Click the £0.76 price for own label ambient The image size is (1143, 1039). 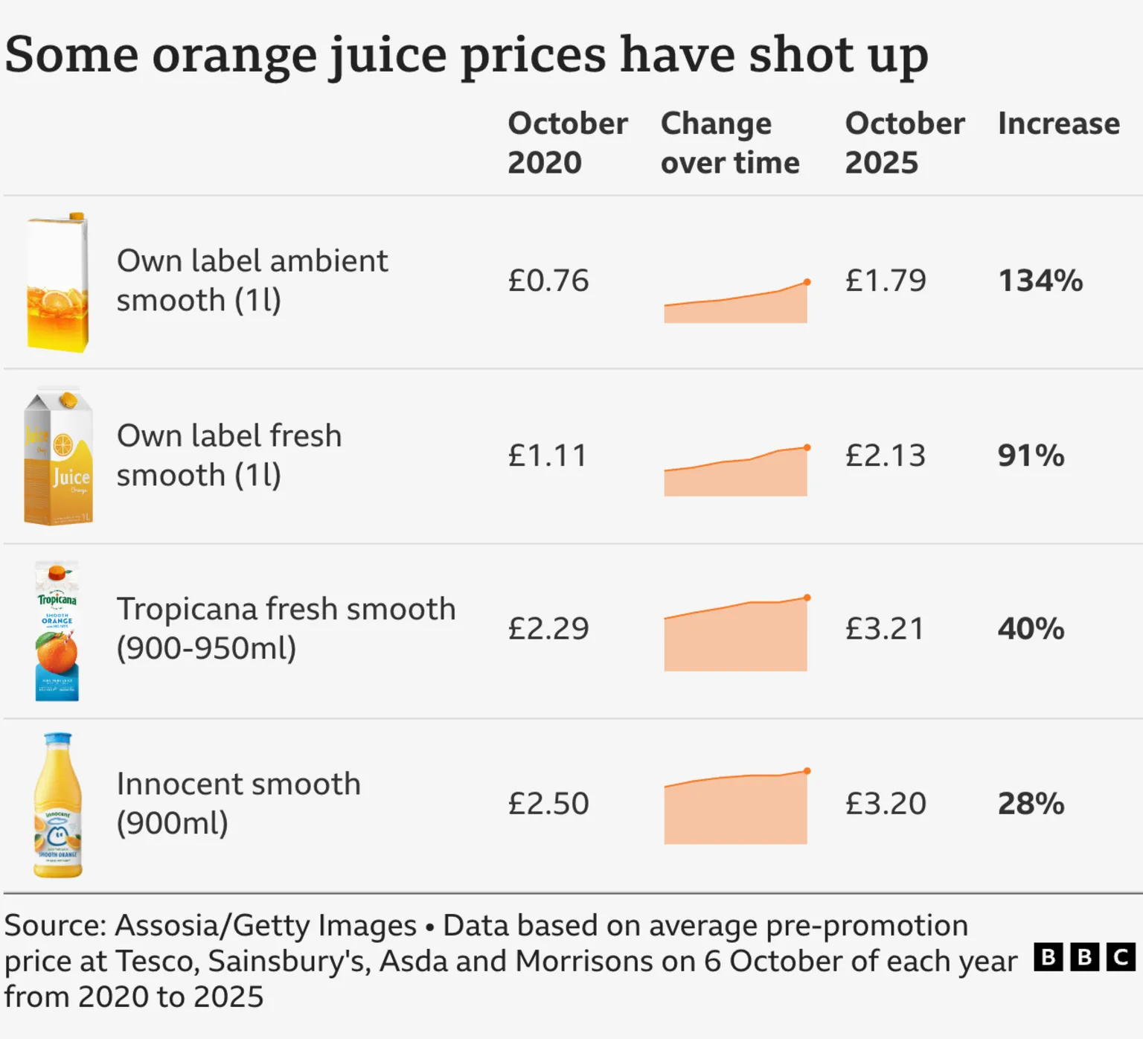(548, 281)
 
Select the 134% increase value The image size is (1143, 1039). (1040, 281)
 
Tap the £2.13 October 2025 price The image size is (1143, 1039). (885, 455)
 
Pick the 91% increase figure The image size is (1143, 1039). (1031, 455)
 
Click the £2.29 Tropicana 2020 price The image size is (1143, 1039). (548, 629)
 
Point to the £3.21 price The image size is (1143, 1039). (884, 629)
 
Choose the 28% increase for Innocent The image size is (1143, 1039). (1031, 804)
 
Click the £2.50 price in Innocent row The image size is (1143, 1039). (548, 804)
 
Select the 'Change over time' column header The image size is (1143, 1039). (729, 143)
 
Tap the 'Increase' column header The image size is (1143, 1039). (1058, 124)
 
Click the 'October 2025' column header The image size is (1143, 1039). (904, 143)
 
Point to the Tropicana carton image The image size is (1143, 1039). (57, 631)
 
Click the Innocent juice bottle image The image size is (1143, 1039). (58, 805)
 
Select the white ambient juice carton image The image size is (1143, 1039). (58, 282)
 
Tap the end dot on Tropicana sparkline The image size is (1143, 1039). (807, 598)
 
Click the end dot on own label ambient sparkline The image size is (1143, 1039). (807, 282)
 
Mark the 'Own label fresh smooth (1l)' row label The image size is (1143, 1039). (229, 455)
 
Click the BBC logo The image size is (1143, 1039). (1084, 957)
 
